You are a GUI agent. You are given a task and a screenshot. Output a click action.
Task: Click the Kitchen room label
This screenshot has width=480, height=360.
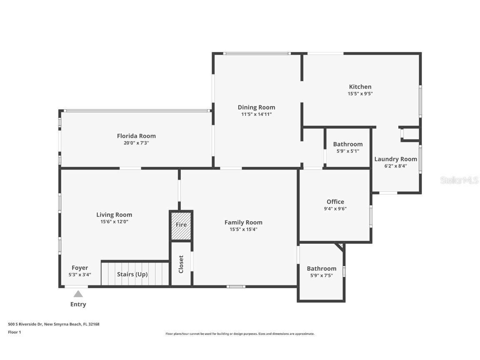[360, 87]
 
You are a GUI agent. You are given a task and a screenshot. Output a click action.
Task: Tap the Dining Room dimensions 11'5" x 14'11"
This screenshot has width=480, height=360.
[256, 114]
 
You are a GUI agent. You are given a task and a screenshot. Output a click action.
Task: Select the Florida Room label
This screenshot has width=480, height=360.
[136, 136]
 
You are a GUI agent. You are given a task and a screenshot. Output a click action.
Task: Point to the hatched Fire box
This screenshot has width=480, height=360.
[181, 225]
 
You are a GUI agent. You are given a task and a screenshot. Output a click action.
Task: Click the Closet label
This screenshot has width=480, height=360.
[181, 264]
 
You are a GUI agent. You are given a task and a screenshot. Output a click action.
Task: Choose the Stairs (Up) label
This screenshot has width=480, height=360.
[132, 274]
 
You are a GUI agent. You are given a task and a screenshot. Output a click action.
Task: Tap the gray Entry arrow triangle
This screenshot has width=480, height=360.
[78, 294]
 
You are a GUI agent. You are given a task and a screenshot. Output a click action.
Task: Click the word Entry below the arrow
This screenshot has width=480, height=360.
[78, 304]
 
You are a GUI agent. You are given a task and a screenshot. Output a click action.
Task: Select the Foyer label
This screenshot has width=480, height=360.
[80, 268]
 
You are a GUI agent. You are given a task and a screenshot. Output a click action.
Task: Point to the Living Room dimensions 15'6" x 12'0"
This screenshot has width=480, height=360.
[114, 222]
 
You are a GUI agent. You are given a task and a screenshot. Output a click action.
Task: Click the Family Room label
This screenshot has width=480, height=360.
[243, 222]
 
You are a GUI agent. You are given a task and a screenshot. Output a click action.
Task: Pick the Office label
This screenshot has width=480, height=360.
[335, 202]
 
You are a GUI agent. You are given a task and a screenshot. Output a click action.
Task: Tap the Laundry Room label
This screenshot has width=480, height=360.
[395, 159]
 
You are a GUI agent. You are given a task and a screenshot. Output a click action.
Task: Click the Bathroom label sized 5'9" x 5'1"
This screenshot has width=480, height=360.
[347, 144]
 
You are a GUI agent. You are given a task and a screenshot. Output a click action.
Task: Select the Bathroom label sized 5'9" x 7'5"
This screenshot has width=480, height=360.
[321, 268]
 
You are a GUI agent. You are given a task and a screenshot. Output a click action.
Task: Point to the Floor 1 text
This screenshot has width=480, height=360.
[14, 332]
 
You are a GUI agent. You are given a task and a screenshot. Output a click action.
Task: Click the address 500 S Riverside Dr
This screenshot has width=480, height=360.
[54, 324]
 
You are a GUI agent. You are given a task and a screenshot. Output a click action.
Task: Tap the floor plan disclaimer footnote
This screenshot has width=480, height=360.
[240, 334]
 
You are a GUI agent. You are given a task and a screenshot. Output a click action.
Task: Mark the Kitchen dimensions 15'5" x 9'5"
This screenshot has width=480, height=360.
[360, 94]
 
